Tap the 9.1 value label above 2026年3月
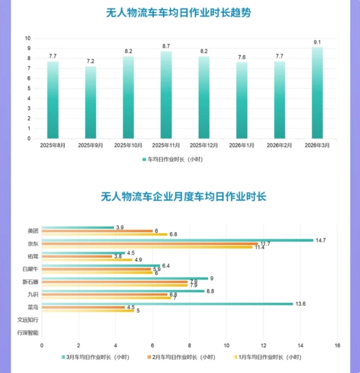317,42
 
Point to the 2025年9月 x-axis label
90,145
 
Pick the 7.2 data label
90,61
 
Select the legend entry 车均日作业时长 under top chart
172,159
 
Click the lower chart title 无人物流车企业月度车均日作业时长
183,196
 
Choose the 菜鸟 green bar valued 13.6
167,304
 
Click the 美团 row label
33,231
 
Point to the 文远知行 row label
28,320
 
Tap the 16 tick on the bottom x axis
336,345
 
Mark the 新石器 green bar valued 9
125,278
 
